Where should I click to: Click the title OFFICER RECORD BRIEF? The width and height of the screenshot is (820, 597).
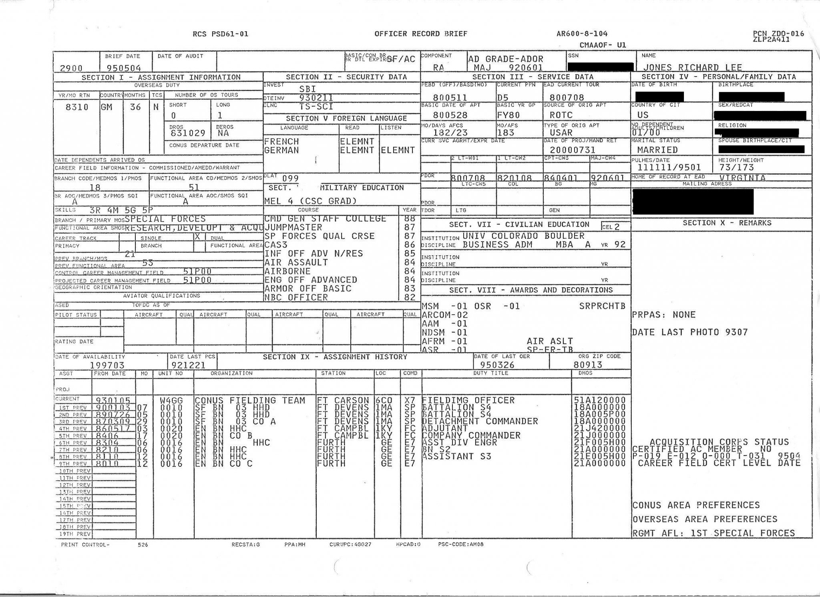(x=421, y=34)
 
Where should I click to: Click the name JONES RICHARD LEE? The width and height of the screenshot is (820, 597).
(x=692, y=67)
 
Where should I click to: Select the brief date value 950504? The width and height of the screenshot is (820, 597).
(x=124, y=68)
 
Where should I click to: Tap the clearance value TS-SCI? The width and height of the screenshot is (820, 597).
(x=316, y=107)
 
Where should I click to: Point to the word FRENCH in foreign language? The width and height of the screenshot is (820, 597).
(x=281, y=141)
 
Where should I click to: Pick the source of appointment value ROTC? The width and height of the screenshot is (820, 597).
(x=561, y=115)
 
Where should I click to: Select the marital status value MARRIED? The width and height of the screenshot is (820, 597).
(x=657, y=150)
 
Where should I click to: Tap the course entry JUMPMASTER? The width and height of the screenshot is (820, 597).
(x=293, y=228)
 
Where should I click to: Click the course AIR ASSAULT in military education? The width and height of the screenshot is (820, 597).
(x=296, y=262)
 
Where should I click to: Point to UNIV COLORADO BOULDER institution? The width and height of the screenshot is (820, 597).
(x=523, y=236)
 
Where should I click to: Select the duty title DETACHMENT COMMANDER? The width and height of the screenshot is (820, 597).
(x=480, y=421)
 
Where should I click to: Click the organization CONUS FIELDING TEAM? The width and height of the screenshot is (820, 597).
(x=250, y=400)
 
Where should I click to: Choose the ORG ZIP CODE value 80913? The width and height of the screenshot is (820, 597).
(x=588, y=365)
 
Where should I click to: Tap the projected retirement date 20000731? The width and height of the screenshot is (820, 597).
(x=567, y=150)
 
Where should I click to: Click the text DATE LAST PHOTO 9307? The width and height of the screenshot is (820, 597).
(x=690, y=332)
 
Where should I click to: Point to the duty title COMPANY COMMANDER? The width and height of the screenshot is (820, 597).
(x=471, y=435)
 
